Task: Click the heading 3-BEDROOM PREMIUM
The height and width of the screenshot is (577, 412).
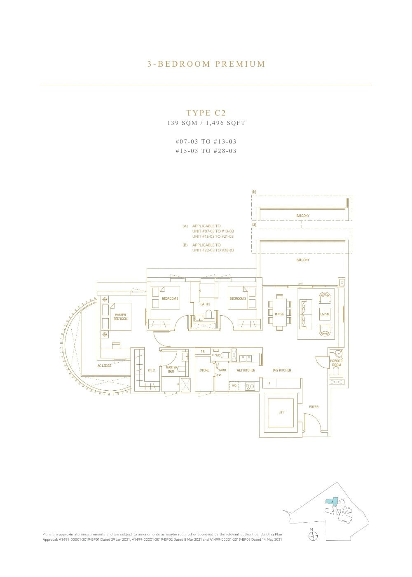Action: (x=206, y=64)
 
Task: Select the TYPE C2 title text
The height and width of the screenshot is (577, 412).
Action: (x=206, y=113)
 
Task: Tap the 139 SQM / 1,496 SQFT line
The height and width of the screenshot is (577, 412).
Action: (x=206, y=123)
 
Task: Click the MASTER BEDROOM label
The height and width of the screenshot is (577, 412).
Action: (x=121, y=317)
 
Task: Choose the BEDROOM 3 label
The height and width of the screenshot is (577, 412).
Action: (x=238, y=298)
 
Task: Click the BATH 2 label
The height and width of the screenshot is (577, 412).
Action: (x=206, y=304)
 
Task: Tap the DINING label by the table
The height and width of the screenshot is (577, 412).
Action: (x=279, y=314)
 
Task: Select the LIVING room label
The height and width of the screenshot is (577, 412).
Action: (x=325, y=314)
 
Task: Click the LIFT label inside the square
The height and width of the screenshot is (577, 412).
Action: (x=282, y=412)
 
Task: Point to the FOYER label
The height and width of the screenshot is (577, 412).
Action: (x=314, y=407)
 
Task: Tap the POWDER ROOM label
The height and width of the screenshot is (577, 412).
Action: (x=336, y=363)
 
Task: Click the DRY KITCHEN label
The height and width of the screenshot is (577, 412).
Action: (x=282, y=370)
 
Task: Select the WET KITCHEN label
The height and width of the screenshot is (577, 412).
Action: (x=246, y=370)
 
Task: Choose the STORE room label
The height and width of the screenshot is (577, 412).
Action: (x=204, y=370)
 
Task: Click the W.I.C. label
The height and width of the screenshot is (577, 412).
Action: (x=151, y=370)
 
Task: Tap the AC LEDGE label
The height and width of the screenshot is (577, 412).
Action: (x=104, y=366)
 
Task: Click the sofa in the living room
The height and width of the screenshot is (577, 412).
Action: (x=306, y=314)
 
